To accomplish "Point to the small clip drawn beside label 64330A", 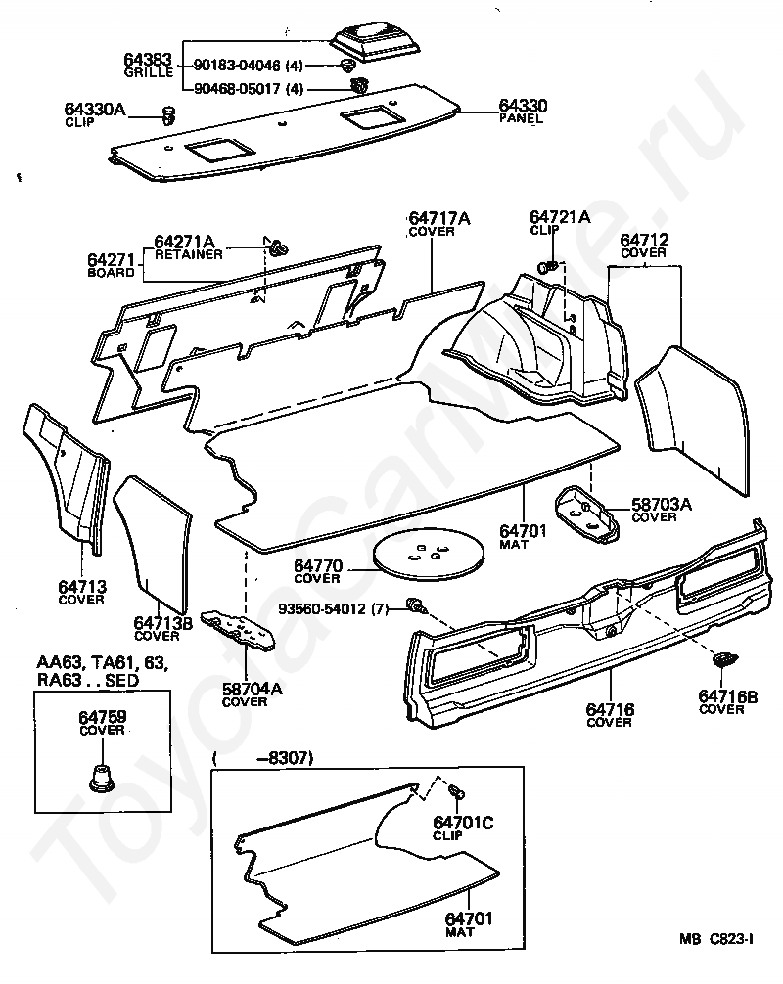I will (x=167, y=115).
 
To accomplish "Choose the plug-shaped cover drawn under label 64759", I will (x=102, y=779).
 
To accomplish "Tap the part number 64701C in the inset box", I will (x=463, y=823).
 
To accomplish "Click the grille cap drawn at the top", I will (x=378, y=41).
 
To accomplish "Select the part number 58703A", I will (x=661, y=504).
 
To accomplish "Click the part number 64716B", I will (x=728, y=696).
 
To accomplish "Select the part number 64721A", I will (x=560, y=216).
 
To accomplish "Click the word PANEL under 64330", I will (x=521, y=118).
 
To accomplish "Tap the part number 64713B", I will (x=157, y=622).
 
